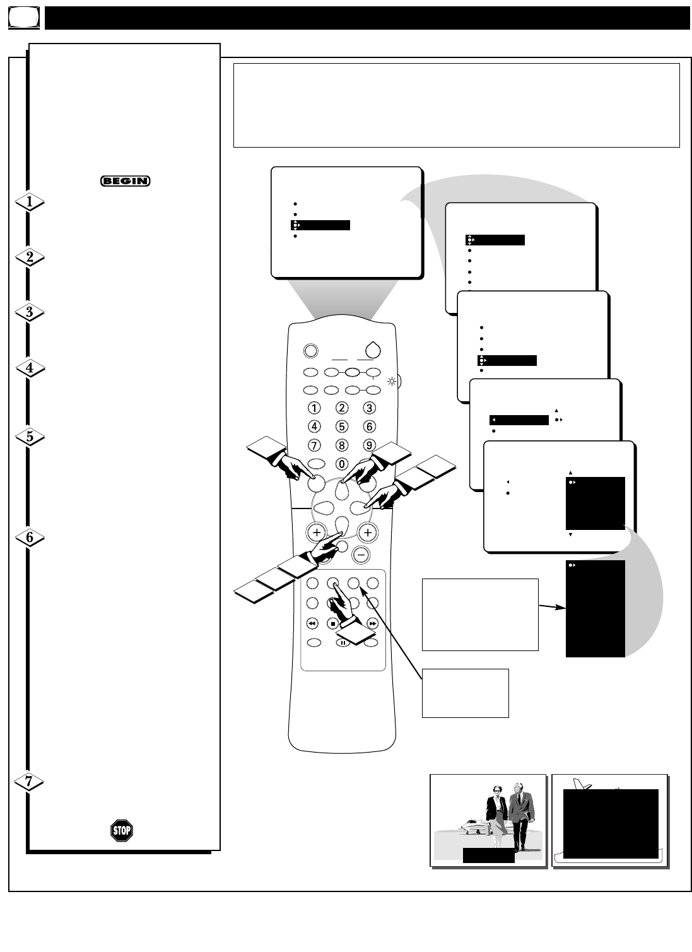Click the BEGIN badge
point(125,181)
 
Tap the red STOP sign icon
point(122,830)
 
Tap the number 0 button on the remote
point(342,464)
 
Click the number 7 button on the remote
point(314,445)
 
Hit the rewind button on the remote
point(312,623)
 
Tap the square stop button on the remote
point(333,623)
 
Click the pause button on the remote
point(343,643)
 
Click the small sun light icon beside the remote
point(392,382)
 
